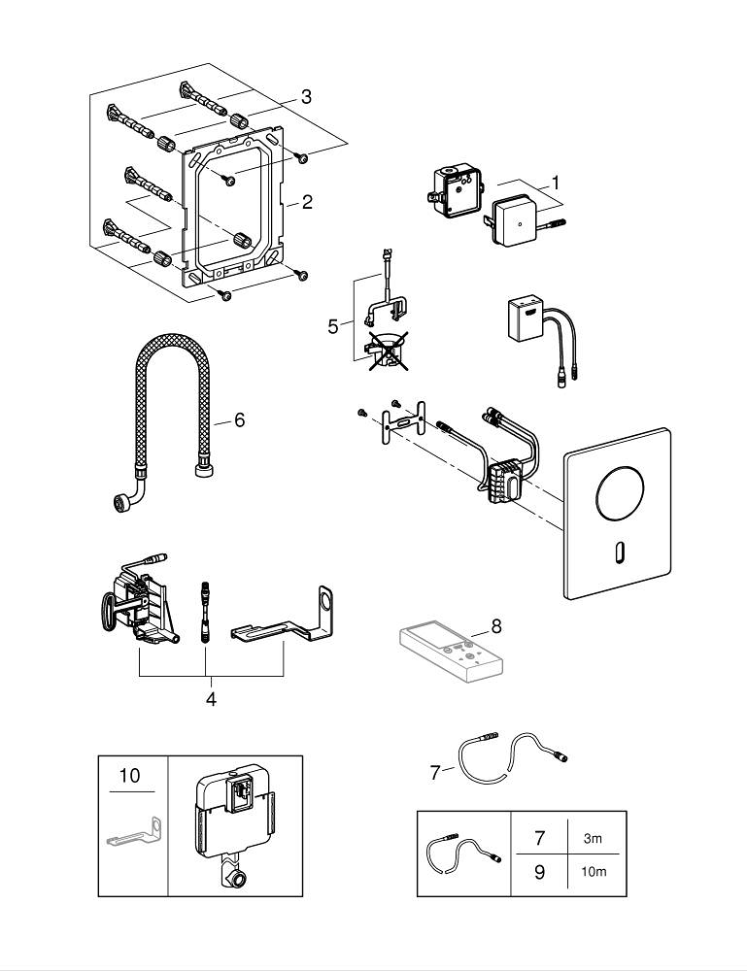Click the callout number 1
coord(556,182)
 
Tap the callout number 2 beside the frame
coord(307,202)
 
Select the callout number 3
coord(305,96)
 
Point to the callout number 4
coord(211,697)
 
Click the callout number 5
coord(333,326)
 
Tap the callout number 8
coord(495,626)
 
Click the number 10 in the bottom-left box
coord(129,775)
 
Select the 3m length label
coord(592,836)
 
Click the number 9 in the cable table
coord(539,871)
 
